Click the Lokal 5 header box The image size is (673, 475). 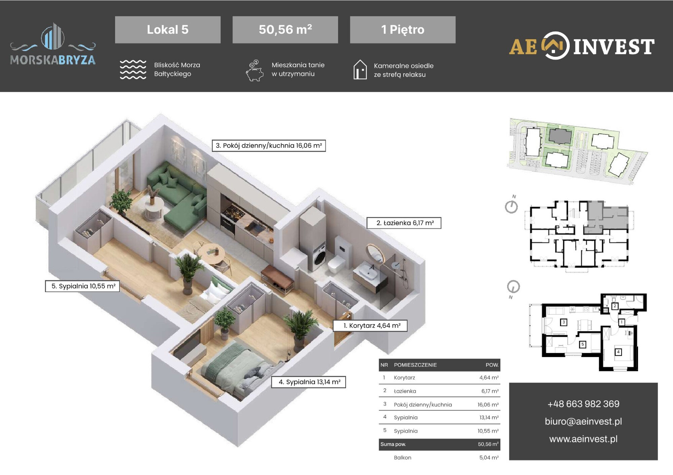click(168, 30)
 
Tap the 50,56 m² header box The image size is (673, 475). click(285, 30)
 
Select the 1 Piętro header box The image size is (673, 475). click(403, 30)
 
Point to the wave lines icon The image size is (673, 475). click(133, 70)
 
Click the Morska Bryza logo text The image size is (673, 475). click(53, 60)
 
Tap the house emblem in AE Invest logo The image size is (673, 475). click(556, 46)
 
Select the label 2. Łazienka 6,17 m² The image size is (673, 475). click(404, 223)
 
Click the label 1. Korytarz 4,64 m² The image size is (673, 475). click(370, 325)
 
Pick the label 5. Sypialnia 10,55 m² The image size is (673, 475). click(82, 286)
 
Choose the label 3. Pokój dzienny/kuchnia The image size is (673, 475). click(269, 146)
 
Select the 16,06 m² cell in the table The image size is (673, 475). click(488, 404)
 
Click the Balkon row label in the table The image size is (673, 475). click(402, 458)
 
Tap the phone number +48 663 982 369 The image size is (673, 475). click(583, 404)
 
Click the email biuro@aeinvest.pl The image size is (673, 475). click(583, 421)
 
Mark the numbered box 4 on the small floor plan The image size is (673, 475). click(618, 352)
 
